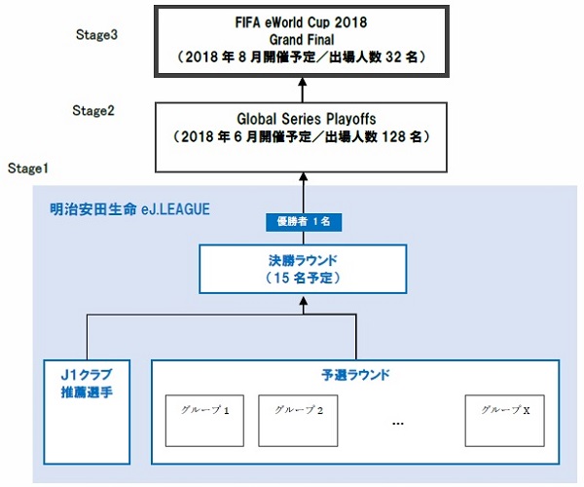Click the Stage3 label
pyautogui.click(x=97, y=34)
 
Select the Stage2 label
pyautogui.click(x=93, y=110)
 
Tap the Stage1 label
pyautogui.click(x=29, y=169)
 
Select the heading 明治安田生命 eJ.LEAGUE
pyautogui.click(x=129, y=208)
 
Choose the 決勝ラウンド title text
pyautogui.click(x=302, y=260)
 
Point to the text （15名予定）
pyautogui.click(x=302, y=278)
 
